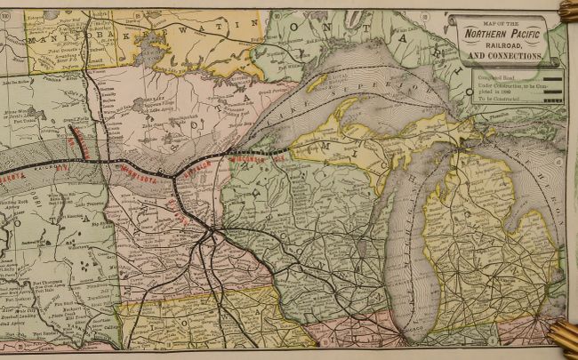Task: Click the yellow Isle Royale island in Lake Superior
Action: point(317,82)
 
